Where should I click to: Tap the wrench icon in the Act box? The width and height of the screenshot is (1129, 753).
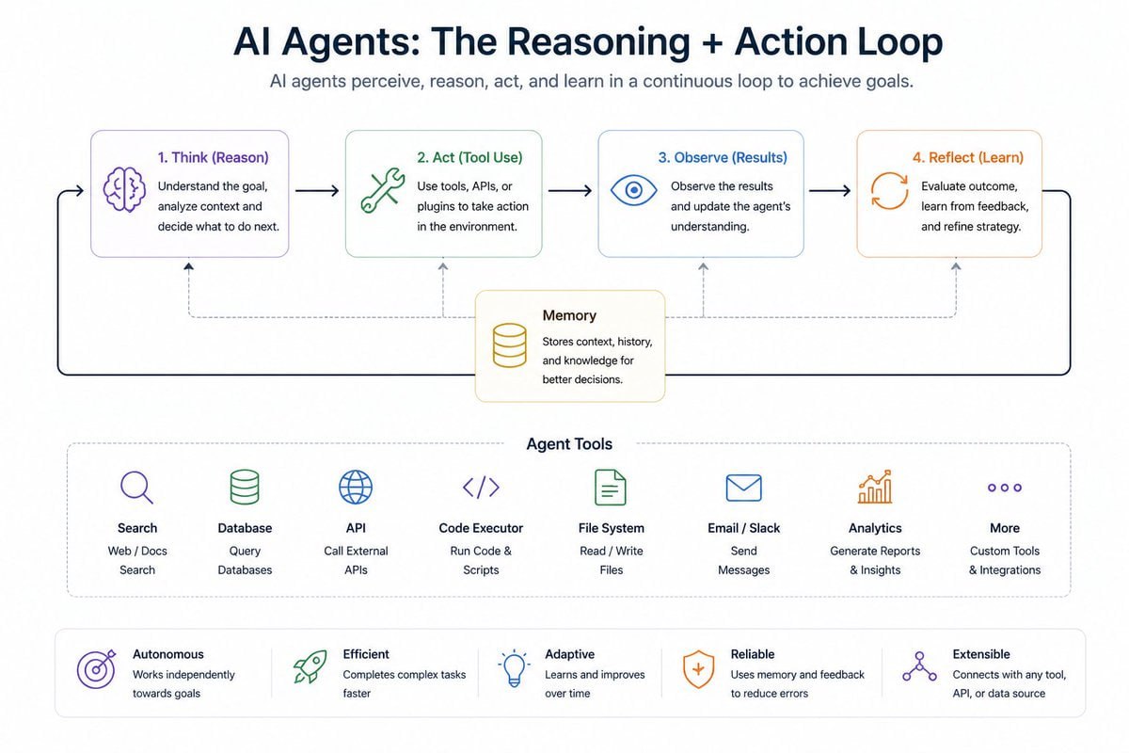tap(382, 191)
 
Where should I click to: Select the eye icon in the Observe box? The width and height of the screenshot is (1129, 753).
tap(633, 190)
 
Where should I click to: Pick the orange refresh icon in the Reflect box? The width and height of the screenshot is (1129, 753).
tap(889, 190)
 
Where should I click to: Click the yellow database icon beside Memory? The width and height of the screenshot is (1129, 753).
tap(510, 345)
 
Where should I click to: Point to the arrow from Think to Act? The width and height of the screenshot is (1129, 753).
tap(317, 191)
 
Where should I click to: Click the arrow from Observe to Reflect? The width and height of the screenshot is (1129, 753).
tap(830, 191)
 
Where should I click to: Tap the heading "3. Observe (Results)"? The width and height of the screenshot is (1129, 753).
tap(723, 157)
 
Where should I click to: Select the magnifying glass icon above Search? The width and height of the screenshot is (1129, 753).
tap(136, 488)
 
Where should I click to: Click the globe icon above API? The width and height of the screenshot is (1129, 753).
tap(356, 488)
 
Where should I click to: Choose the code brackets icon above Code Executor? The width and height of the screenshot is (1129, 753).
tap(481, 488)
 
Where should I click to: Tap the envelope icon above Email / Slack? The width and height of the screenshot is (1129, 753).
tap(743, 488)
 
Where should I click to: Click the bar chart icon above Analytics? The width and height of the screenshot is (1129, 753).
tap(875, 488)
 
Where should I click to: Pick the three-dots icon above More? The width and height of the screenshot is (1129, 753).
tap(1004, 488)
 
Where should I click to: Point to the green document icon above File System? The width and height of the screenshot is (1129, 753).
tap(611, 488)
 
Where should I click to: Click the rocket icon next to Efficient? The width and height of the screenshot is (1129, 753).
tap(310, 667)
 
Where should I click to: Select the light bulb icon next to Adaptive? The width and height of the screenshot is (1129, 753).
tap(513, 668)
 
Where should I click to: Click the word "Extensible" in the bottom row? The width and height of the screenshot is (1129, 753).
tap(981, 654)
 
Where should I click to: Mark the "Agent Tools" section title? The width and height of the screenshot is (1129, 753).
tap(569, 443)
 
